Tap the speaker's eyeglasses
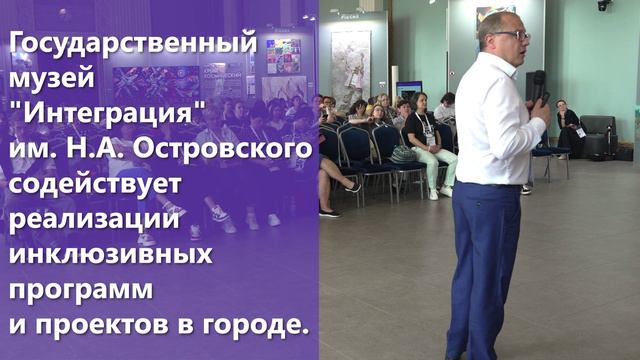(x=512, y=36)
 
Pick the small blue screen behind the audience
(x=408, y=88)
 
